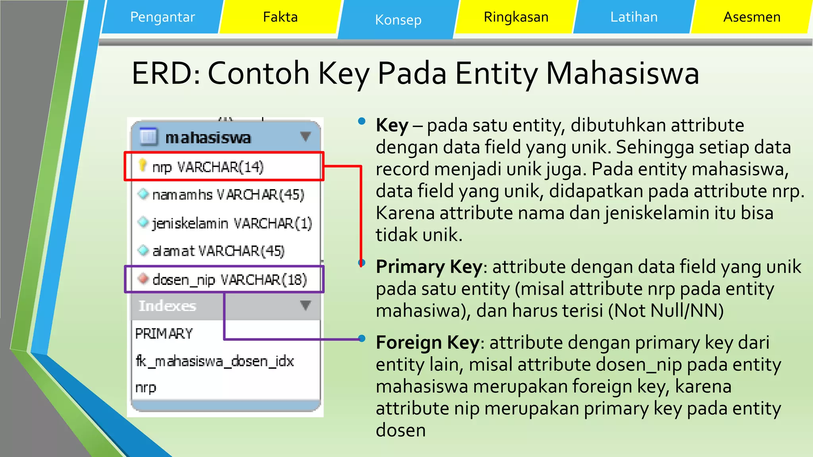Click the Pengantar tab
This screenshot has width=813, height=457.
pyautogui.click(x=162, y=17)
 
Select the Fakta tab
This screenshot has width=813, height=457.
pyautogui.click(x=280, y=17)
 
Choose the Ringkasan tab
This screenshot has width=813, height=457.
pyautogui.click(x=516, y=17)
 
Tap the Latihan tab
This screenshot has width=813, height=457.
pyautogui.click(x=634, y=17)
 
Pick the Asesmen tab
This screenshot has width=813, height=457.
pyautogui.click(x=751, y=17)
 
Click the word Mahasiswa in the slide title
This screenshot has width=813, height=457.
pyautogui.click(x=622, y=73)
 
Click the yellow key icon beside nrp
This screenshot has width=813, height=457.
pyautogui.click(x=143, y=165)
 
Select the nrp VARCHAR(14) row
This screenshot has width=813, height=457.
pyautogui.click(x=208, y=167)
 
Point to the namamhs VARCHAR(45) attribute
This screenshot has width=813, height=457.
pyautogui.click(x=228, y=195)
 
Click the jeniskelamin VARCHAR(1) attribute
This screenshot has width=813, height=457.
pyautogui.click(x=232, y=223)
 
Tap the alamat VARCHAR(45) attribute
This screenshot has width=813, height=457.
pyautogui.click(x=218, y=251)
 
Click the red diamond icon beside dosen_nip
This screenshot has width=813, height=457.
pyautogui.click(x=143, y=278)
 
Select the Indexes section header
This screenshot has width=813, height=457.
pyautogui.click(x=168, y=306)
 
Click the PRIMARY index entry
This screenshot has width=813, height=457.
pyautogui.click(x=164, y=334)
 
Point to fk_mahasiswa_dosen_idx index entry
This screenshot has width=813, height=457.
pyautogui.click(x=215, y=361)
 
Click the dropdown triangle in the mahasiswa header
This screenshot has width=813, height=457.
pyautogui.click(x=305, y=136)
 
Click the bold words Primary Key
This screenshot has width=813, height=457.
pyautogui.click(x=429, y=267)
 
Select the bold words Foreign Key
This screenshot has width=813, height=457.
pyautogui.click(x=428, y=342)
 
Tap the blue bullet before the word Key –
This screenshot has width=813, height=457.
pyautogui.click(x=361, y=121)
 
